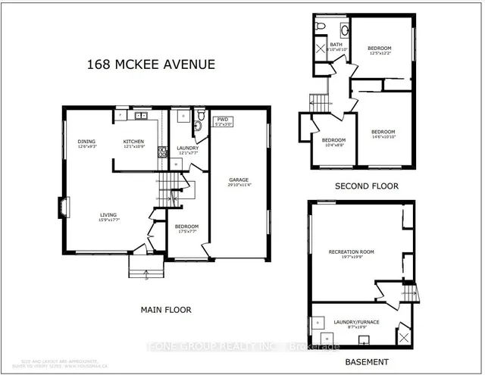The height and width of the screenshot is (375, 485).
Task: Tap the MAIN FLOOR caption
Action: point(165,309)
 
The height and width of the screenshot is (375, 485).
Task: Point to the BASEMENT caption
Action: point(365,362)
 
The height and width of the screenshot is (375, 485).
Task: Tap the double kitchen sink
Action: point(140,117)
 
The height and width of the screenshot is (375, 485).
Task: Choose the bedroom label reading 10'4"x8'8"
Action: point(333,142)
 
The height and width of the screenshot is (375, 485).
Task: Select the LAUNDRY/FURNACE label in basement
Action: point(356,324)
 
